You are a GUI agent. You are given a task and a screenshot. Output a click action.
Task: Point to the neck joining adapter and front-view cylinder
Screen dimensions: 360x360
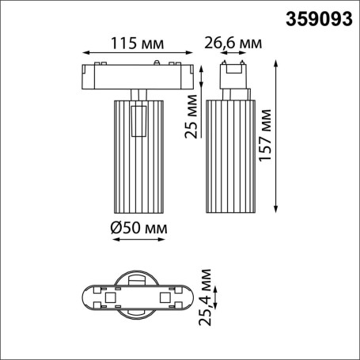point(138,94)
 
